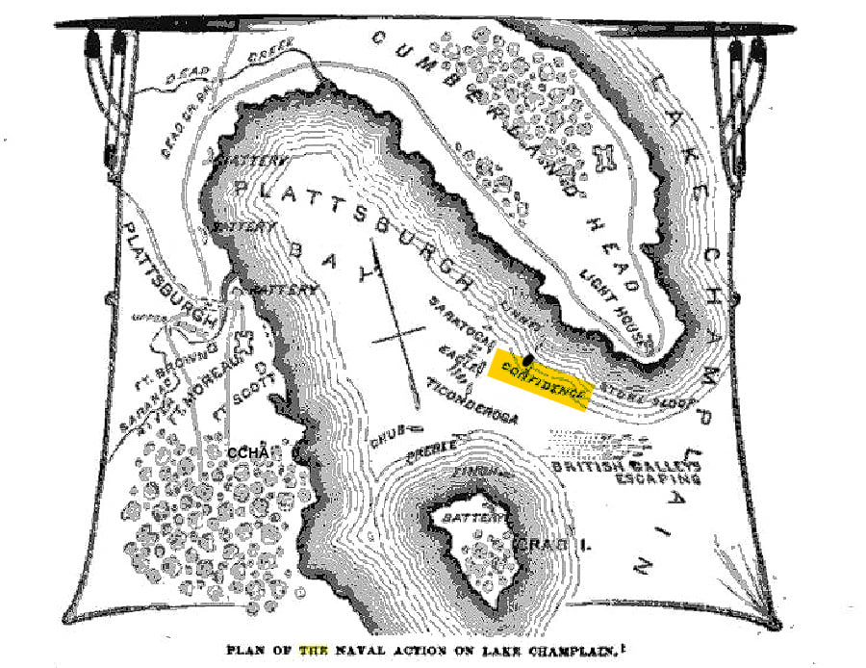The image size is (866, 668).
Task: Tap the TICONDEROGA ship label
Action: coord(471,403)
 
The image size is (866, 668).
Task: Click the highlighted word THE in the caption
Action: coord(314,649)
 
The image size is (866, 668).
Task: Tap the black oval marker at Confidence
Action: coord(526,358)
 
